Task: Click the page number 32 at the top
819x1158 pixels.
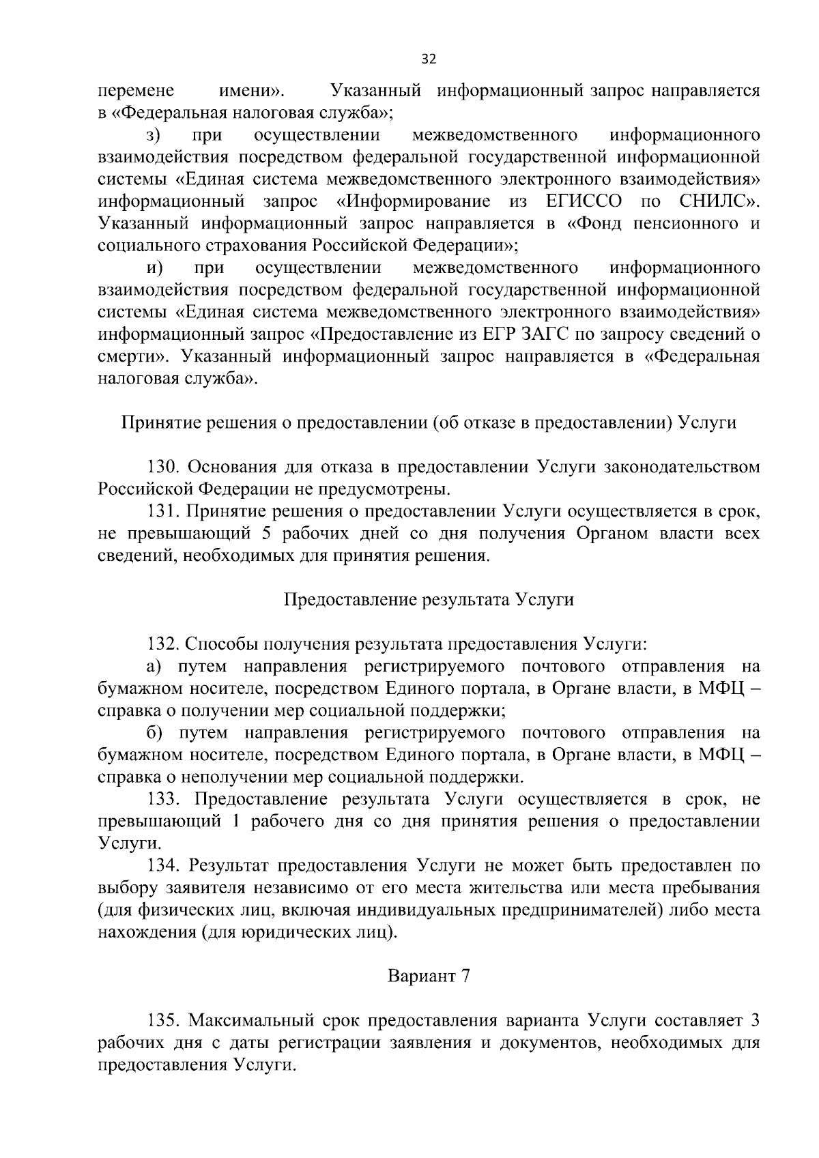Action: [x=429, y=59]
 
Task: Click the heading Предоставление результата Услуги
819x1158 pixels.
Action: [x=429, y=600]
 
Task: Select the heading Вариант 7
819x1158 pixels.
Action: [x=429, y=976]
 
